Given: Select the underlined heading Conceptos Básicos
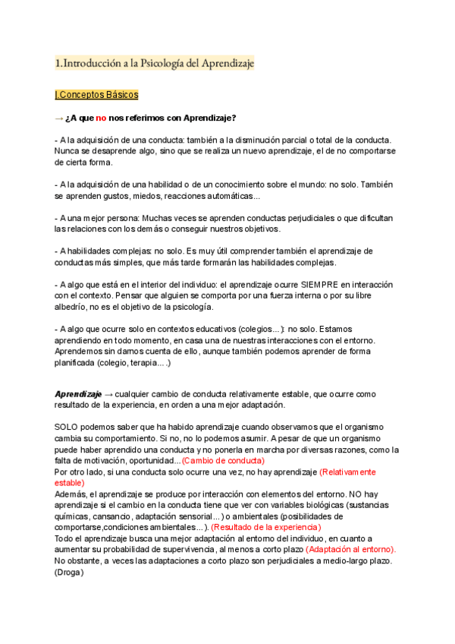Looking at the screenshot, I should coord(98,95).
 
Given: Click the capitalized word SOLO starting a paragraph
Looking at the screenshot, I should coord(67,428).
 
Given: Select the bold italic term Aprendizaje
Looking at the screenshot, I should coord(78,394).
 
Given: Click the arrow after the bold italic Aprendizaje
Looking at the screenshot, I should coord(108,394).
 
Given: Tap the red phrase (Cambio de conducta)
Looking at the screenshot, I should coord(227,461).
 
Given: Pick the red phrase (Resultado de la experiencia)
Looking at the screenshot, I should coord(266,527).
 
